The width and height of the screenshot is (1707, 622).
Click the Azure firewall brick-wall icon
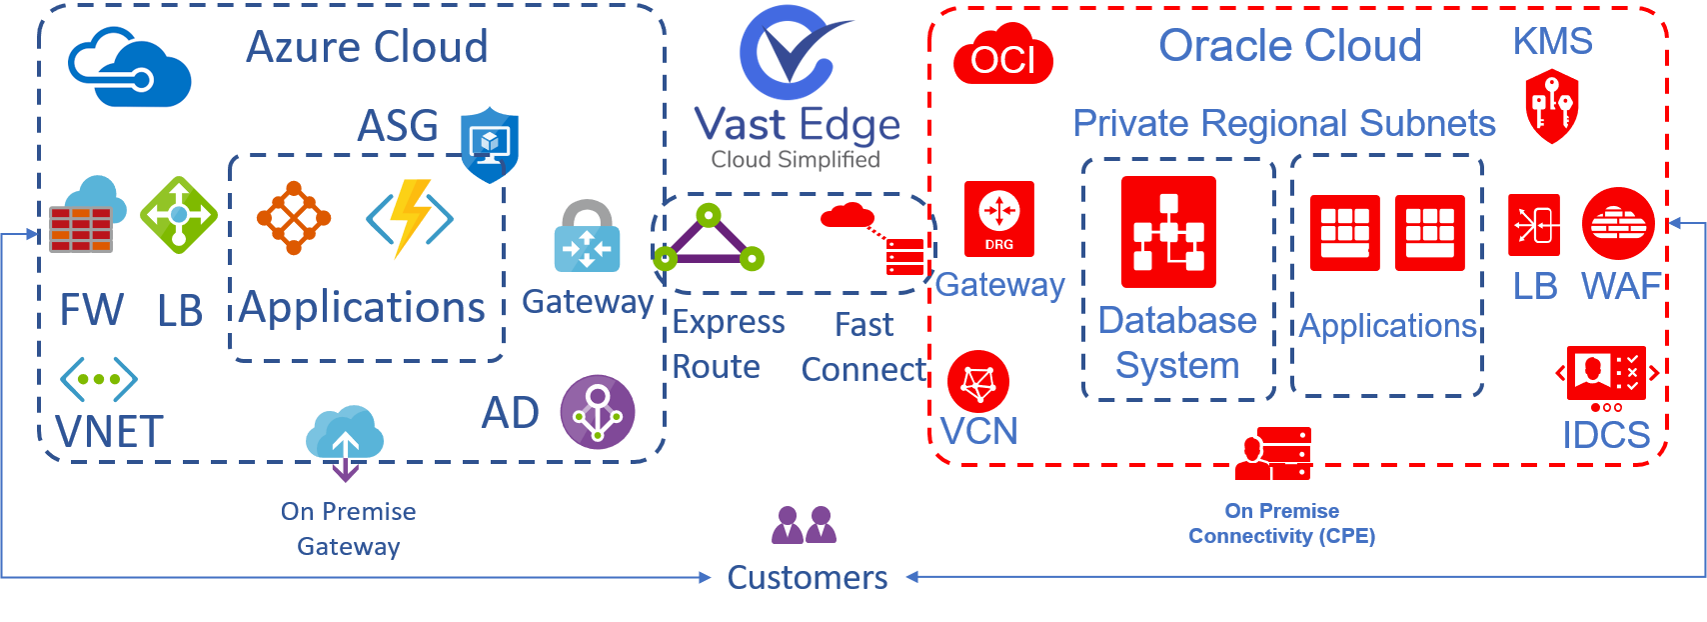[x=82, y=226]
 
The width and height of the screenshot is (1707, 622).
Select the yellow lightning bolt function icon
[x=410, y=218]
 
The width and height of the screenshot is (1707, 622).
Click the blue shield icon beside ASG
[x=489, y=145]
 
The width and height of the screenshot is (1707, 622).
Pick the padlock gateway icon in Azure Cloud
[x=587, y=236]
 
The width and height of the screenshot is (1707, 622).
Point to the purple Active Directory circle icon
[x=598, y=412]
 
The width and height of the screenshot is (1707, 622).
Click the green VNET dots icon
[x=98, y=379]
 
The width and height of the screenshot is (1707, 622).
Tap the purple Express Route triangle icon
[x=709, y=240]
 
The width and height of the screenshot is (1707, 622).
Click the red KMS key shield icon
[x=1551, y=106]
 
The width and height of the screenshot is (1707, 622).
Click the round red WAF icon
[x=1618, y=223]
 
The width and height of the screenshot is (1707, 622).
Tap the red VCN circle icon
[x=977, y=381]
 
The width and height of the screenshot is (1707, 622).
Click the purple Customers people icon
[x=804, y=525]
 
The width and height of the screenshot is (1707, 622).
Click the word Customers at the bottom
[x=807, y=577]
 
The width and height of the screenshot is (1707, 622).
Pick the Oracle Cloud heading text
[x=1289, y=46]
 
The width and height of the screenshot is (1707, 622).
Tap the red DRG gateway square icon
[x=999, y=219]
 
